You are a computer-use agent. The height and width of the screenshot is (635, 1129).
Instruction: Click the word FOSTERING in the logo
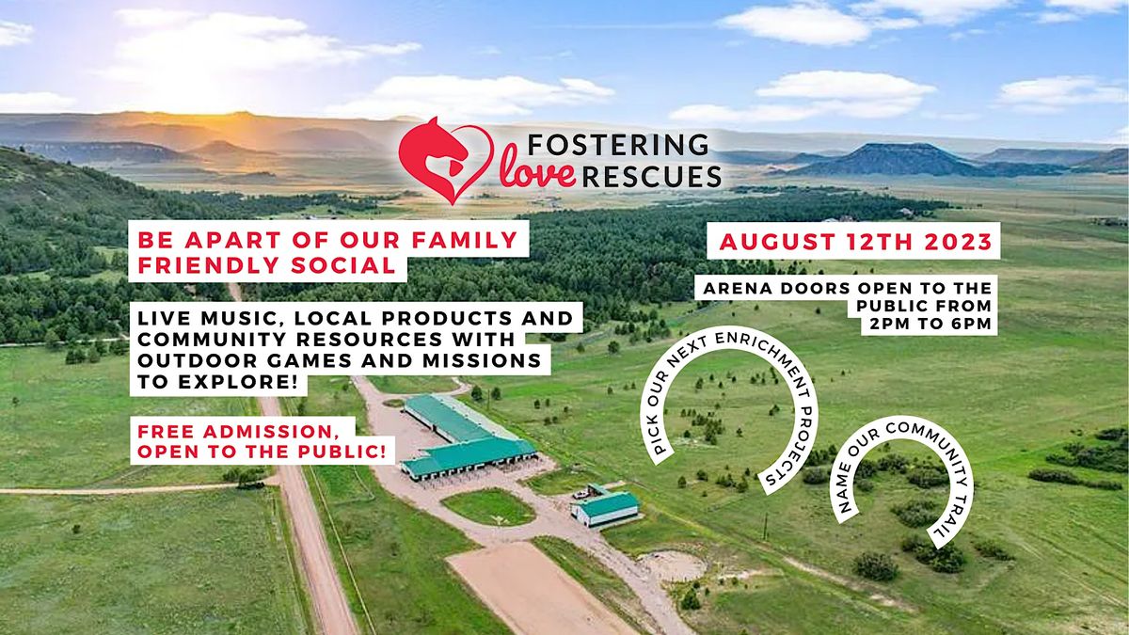pos(619,144)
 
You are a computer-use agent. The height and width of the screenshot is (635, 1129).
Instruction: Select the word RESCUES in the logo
pos(652,175)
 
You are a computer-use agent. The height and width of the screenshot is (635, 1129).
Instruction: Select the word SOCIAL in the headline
pos(350,265)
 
